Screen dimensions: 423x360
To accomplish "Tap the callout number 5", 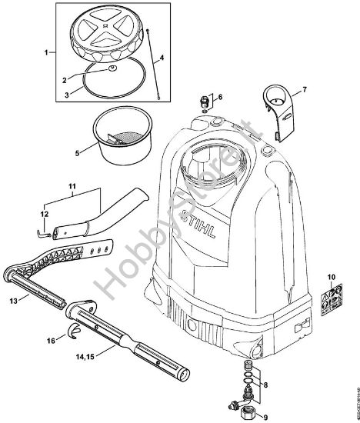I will [76, 153].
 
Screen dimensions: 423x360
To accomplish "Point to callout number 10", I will [332, 275].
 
